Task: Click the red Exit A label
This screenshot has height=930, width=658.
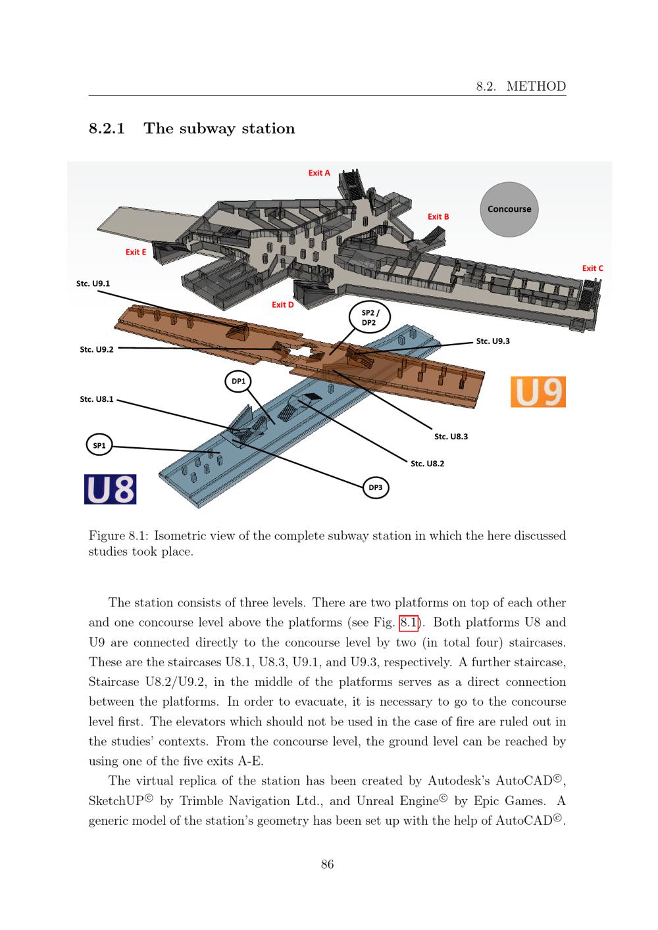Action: tap(319, 173)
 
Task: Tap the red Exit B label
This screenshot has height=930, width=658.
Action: tap(438, 216)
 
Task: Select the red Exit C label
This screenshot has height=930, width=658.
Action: tap(592, 268)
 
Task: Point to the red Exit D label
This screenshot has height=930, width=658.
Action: tap(283, 305)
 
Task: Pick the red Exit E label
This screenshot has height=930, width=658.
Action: tap(136, 252)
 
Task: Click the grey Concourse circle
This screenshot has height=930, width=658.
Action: tap(509, 209)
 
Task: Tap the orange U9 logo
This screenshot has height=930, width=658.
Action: tap(538, 391)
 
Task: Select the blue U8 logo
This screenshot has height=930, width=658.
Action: tap(111, 489)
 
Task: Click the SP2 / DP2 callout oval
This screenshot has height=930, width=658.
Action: tap(368, 318)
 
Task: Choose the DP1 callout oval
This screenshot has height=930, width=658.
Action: tap(238, 381)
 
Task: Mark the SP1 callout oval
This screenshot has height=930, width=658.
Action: tap(99, 445)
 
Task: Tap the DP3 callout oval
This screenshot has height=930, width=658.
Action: tap(375, 487)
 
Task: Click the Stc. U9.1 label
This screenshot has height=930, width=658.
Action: tap(93, 283)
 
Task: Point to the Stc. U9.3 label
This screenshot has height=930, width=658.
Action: tap(493, 341)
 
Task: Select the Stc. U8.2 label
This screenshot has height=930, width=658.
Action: tap(427, 464)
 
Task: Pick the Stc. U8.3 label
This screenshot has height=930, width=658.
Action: tap(451, 436)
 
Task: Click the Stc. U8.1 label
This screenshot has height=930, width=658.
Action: tap(97, 399)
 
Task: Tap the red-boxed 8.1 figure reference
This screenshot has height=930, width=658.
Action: tap(409, 622)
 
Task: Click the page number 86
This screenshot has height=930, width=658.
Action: tap(327, 864)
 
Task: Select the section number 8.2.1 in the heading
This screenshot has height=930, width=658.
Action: tap(107, 128)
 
